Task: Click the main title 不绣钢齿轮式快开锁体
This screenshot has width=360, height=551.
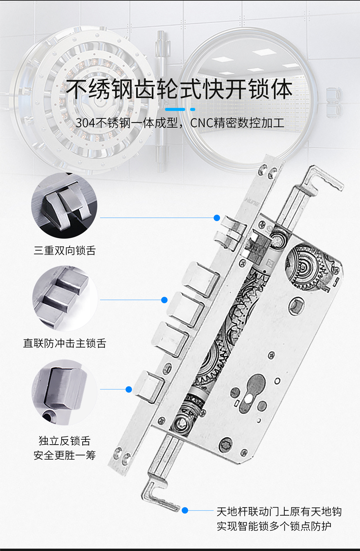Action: [180, 89]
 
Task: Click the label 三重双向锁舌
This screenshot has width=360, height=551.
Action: [65, 251]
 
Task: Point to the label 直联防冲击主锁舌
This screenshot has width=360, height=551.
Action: [65, 343]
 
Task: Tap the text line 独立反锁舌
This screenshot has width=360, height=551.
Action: [65, 441]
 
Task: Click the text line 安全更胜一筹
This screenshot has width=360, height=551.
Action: [65, 455]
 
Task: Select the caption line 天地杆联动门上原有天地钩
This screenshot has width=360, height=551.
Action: [279, 512]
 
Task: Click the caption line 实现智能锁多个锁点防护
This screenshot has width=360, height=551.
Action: [274, 526]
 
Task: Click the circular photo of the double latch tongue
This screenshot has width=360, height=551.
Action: [64, 205]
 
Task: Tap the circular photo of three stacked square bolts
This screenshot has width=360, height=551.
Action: [65, 298]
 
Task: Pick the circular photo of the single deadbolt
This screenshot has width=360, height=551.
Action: [64, 392]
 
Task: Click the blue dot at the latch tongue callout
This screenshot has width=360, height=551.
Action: [217, 218]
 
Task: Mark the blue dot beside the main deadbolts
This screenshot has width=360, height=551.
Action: [164, 300]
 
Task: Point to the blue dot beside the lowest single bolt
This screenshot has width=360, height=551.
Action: [128, 389]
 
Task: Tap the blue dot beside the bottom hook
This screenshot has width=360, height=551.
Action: [185, 510]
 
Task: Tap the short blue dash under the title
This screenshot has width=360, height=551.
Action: [193, 109]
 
